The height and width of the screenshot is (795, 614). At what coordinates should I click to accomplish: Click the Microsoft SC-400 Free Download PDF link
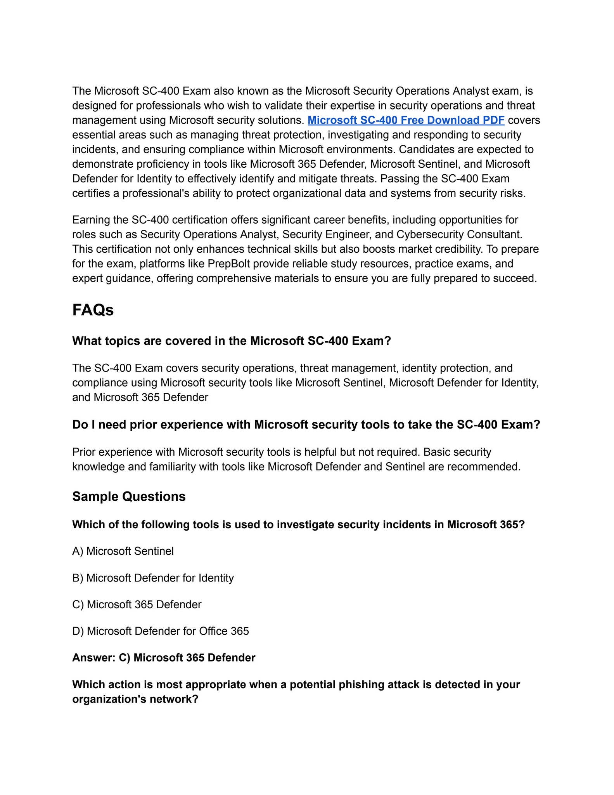(x=406, y=120)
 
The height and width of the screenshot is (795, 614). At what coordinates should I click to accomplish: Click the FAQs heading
(x=93, y=310)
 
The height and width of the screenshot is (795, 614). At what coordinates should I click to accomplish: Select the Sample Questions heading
(x=129, y=496)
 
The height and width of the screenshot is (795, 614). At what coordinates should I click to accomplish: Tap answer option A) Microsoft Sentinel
(x=123, y=551)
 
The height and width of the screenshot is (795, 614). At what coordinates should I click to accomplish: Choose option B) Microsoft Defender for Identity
(x=153, y=578)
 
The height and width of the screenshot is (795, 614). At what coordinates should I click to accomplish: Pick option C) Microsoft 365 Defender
(x=137, y=604)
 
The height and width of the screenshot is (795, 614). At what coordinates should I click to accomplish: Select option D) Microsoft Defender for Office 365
(x=161, y=631)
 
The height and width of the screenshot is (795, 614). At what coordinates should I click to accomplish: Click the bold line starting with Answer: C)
(x=164, y=658)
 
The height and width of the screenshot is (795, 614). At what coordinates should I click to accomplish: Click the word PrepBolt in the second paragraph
(x=229, y=264)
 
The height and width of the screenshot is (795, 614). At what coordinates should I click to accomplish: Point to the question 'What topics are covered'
(x=232, y=341)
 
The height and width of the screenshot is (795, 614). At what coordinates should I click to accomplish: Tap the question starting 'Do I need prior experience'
(x=306, y=425)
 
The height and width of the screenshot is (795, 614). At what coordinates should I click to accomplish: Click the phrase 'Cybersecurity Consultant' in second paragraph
(x=458, y=234)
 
